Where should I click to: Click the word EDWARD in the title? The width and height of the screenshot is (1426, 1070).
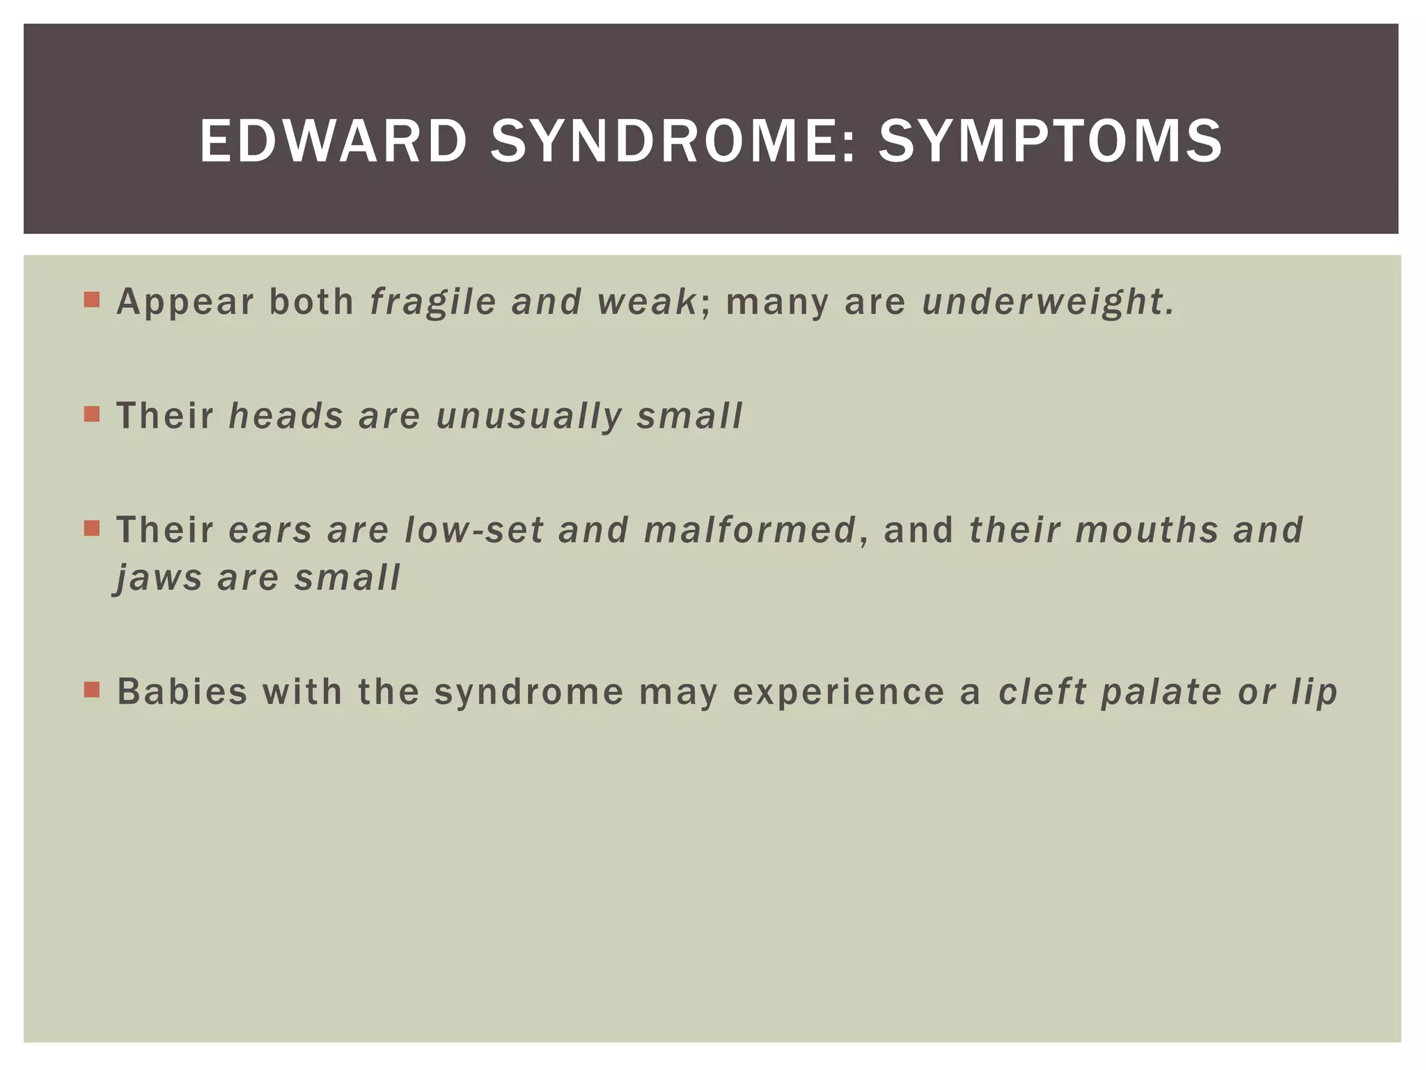coord(333,141)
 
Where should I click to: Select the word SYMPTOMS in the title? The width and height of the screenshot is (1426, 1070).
coord(1050,141)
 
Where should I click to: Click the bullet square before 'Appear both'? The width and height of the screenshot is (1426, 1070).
coord(92,300)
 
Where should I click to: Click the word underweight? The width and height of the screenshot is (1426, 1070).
coord(1044,302)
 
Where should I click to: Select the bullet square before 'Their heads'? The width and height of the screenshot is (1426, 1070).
coord(92,414)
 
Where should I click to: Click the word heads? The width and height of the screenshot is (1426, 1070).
coord(286,416)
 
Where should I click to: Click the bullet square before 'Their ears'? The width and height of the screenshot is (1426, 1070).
coord(92,529)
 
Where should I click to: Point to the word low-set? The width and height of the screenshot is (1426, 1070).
coord(473,530)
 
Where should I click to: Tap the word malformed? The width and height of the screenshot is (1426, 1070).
coord(749,530)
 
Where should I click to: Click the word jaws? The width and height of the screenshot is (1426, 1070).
coord(158,578)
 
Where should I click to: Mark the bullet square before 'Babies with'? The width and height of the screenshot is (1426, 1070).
coord(92,690)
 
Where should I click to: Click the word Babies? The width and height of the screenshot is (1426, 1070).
coord(182,692)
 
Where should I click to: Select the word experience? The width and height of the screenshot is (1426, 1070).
coord(838,693)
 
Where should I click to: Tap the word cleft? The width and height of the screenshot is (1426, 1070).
coord(1042,692)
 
